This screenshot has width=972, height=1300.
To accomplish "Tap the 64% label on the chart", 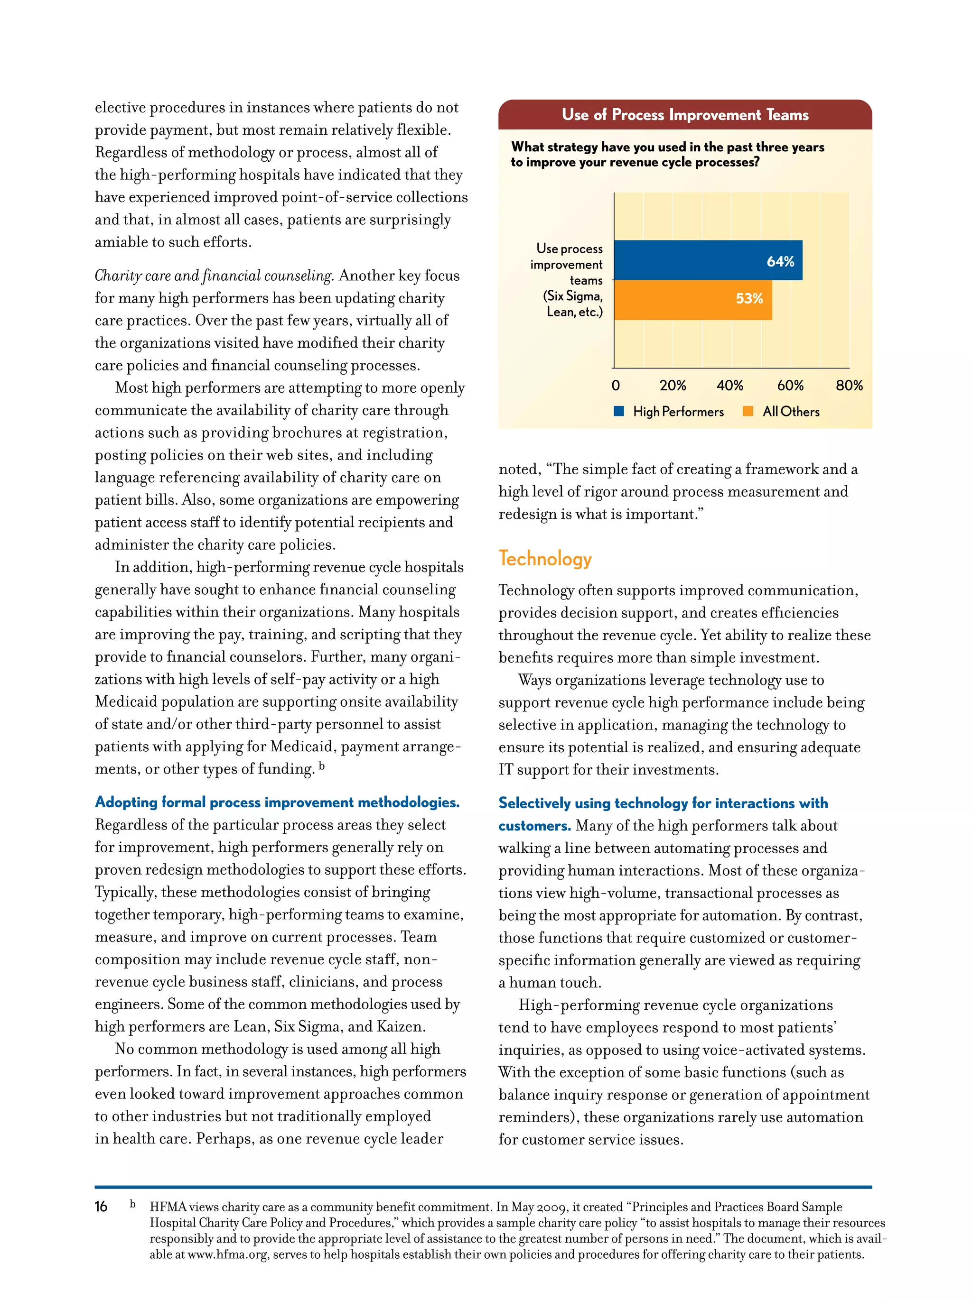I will [x=780, y=261].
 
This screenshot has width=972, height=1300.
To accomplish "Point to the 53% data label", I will [x=748, y=298].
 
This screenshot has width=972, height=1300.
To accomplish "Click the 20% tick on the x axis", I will [x=672, y=386].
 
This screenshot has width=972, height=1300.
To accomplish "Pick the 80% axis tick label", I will [x=849, y=386].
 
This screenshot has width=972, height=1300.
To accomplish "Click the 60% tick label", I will [x=790, y=386].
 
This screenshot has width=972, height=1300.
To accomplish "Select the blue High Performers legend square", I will [x=618, y=411].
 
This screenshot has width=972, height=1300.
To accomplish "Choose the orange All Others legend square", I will [x=748, y=411].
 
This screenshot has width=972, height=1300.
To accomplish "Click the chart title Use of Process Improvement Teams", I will [x=684, y=115].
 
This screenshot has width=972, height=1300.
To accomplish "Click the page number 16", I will [x=101, y=1207].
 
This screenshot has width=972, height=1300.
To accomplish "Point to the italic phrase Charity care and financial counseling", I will [x=214, y=276].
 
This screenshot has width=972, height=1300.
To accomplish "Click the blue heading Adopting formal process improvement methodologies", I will [x=277, y=802].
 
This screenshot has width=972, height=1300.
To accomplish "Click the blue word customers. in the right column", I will [x=534, y=826].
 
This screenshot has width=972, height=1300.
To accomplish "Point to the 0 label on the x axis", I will [x=615, y=386].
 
